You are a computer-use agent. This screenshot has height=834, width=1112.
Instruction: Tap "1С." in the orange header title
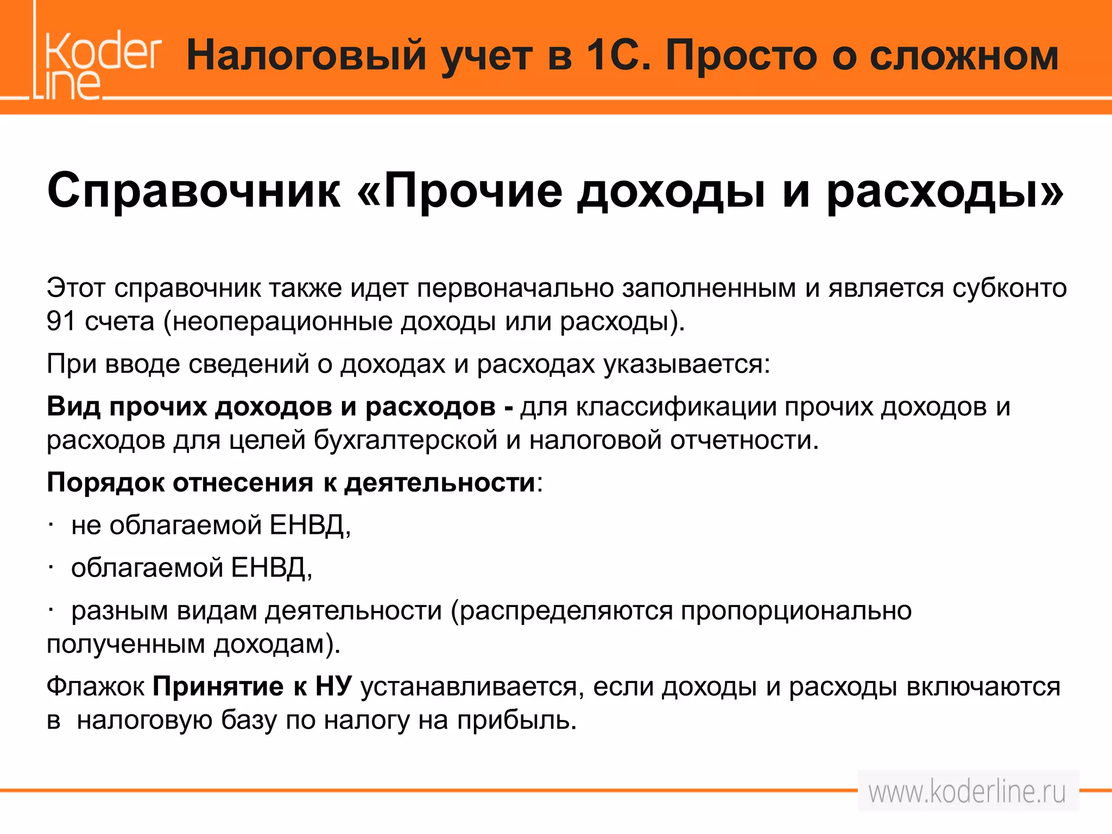(619, 55)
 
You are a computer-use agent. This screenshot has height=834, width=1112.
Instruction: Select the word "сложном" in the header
(964, 55)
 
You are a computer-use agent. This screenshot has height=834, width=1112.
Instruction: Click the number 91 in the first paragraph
(61, 321)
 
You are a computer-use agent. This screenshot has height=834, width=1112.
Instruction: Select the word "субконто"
(1010, 288)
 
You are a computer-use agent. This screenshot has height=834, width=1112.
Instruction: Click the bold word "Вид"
(74, 407)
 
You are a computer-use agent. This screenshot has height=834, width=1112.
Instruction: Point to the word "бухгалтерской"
(406, 440)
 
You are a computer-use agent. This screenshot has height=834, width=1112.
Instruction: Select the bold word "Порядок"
(105, 483)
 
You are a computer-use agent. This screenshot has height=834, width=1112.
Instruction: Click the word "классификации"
(676, 407)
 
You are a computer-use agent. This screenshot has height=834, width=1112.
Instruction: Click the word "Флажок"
(96, 687)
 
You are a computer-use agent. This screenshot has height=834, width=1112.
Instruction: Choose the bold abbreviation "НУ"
(334, 687)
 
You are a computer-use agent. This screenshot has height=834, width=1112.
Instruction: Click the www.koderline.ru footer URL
(967, 792)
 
